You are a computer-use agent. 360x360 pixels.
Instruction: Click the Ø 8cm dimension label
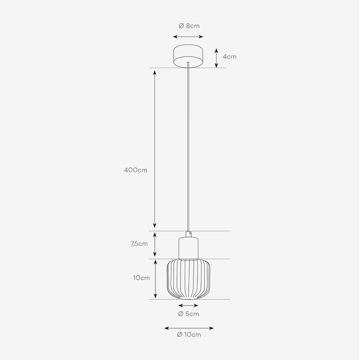[189, 26]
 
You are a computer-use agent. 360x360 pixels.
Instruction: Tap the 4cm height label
[229, 57]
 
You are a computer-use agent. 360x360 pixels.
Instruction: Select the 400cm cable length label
[135, 170]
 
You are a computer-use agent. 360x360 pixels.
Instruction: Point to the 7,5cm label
[139, 244]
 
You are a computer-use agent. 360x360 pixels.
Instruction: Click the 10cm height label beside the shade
[141, 278]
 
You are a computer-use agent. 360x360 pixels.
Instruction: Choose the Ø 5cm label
[188, 313]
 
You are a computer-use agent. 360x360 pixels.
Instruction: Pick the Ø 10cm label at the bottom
[188, 335]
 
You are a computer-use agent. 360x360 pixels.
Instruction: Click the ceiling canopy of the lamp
[189, 56]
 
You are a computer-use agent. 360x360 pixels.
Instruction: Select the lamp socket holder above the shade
[189, 248]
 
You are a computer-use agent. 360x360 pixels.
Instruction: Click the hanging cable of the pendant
[189, 149]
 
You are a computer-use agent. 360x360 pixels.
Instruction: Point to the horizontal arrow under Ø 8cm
[189, 37]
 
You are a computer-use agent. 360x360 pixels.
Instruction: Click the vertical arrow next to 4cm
[217, 58]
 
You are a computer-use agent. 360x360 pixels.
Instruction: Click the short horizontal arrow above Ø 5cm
[188, 305]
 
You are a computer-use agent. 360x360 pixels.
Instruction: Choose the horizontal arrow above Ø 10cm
[189, 328]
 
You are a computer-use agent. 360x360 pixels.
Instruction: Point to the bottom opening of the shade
[188, 299]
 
